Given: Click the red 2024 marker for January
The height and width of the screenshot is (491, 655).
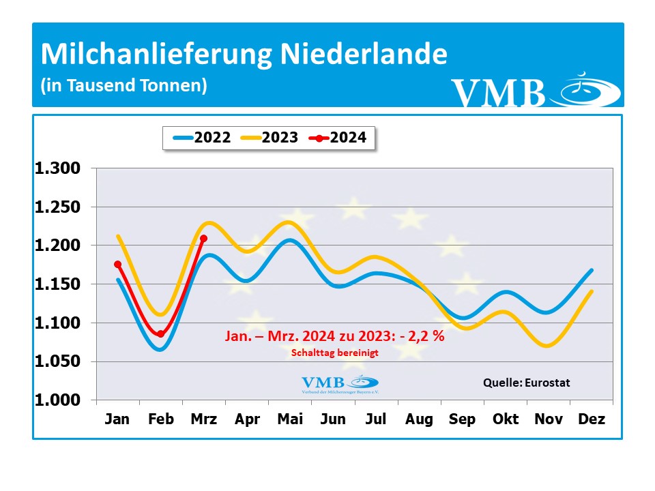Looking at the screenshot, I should pos(117,264).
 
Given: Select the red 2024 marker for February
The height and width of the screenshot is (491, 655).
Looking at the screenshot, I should pos(161,333).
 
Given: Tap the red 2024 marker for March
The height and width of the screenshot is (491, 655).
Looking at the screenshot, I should pos(204,238).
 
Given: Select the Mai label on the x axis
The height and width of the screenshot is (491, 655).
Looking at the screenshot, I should pos(290,419).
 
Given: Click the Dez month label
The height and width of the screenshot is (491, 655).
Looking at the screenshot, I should pos(592,419).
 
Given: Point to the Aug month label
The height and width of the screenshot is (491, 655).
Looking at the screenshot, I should pos(419,419).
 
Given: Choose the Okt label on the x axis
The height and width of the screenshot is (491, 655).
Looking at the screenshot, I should pos(506,419).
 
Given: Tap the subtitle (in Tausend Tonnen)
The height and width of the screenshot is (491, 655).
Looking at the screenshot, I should pos(123,86).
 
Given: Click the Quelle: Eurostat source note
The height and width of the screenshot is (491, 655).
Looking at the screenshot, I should pos(526,383).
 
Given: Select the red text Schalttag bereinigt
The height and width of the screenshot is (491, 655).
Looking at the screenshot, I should pos(334,353).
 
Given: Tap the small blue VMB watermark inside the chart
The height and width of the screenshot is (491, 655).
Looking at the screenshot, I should pos(339,384).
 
